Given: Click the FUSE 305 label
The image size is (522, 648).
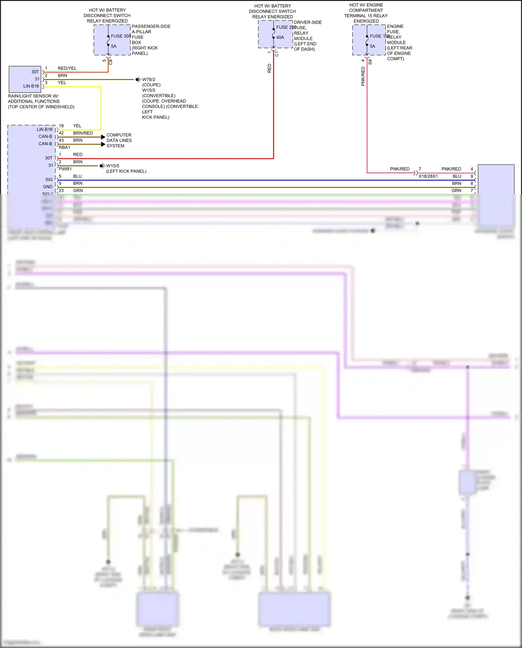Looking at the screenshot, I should pos(120,36).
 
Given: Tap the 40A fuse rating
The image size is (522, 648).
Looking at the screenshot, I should pos(280,37).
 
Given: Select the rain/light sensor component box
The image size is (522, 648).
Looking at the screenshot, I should pos(25,79).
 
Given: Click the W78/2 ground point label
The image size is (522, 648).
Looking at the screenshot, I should pos(149,79).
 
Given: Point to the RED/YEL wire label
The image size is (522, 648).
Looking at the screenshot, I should pos(67,68).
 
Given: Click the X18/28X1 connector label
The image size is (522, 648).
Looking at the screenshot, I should pos(428,176).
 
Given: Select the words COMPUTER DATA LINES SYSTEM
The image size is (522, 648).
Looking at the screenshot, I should pos(119,140).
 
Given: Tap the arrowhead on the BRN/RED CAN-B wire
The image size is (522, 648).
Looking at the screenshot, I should pos(103,137).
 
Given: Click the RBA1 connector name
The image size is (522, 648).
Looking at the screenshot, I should pos(64,147).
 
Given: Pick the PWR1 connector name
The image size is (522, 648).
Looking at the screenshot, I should pos(65,169).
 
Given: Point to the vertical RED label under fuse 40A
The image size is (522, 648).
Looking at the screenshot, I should pos(269,68).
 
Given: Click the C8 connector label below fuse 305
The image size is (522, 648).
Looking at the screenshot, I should pos(111,62).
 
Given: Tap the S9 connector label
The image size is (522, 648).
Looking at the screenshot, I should pos(370,62).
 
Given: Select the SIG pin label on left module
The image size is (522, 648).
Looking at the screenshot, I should pos(49,180).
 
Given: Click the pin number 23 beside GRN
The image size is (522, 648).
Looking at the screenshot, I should pos(61,190).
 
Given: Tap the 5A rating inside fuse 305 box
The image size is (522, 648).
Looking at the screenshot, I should pos(113,46).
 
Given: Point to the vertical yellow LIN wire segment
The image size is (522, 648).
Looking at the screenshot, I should pos(101,108).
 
